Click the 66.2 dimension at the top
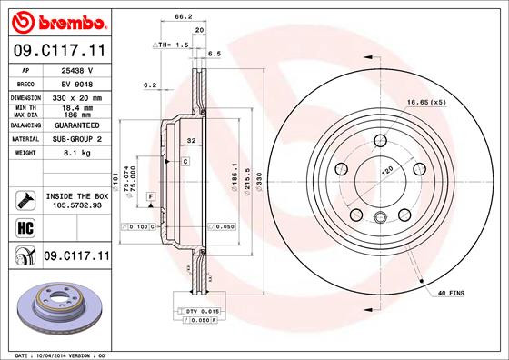pyautogui.click(x=183, y=16)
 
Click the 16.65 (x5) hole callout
pyautogui.click(x=426, y=101)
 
